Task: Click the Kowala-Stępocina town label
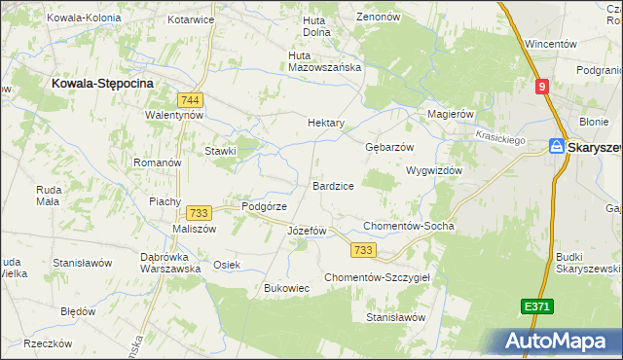102,85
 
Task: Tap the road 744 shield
191,99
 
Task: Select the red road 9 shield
541,87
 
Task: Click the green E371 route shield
536,306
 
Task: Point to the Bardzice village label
333,185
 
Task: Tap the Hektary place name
326,124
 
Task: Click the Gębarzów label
389,147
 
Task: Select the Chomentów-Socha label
408,226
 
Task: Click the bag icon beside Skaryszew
556,146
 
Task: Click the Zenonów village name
380,18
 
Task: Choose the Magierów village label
451,114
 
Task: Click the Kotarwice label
191,18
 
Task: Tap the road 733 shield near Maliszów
200,213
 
